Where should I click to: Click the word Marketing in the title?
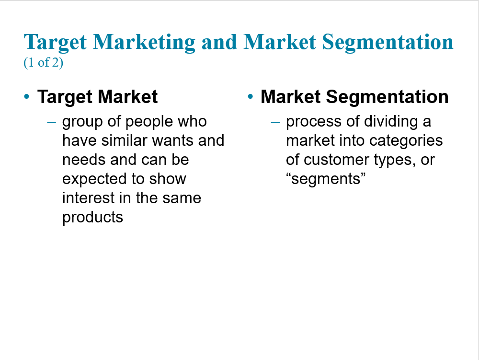[144, 42]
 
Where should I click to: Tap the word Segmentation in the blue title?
[388, 42]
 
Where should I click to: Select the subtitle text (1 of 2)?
[44, 62]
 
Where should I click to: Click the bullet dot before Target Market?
[27, 97]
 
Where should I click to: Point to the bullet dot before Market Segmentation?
[251, 97]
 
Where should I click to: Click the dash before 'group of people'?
[52, 122]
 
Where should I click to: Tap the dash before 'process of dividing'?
[275, 122]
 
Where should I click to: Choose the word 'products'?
[92, 218]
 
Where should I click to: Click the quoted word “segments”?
[326, 179]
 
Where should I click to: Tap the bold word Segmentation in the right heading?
[387, 97]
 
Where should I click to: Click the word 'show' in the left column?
[168, 179]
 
